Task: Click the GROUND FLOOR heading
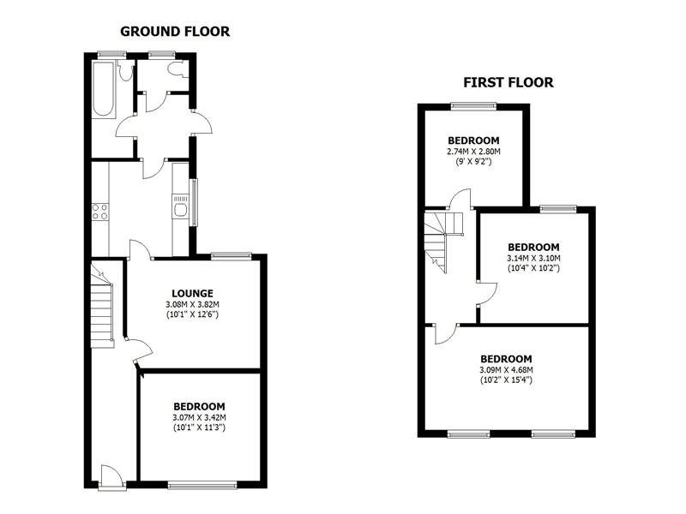pos(175,32)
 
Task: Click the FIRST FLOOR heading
pos(508,83)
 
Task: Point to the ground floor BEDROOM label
pos(199,406)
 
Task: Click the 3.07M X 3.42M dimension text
pos(199,417)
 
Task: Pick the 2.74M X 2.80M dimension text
pos(473,152)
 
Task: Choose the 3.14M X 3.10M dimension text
pos(533,258)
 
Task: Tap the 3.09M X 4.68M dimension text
pos(506,370)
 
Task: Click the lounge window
pos(232,254)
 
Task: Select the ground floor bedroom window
pos(202,486)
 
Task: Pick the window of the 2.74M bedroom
pos(473,106)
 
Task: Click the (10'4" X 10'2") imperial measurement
pos(533,268)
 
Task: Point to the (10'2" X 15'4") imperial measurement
pos(506,380)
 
